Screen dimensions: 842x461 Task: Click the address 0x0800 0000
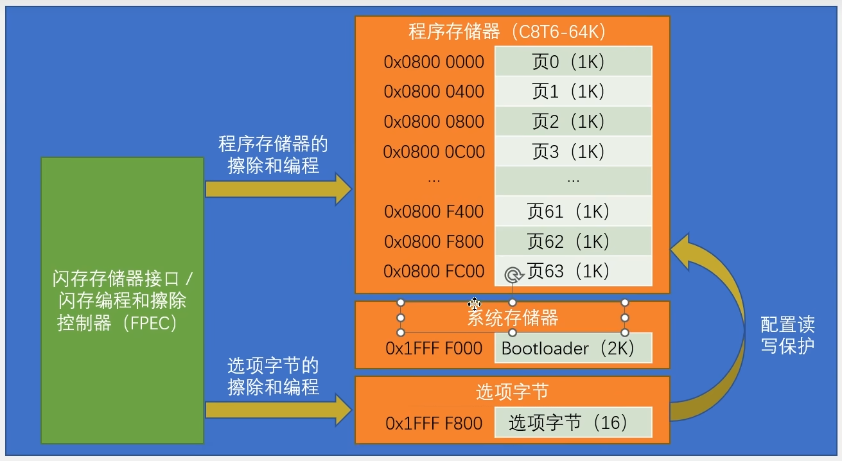point(434,62)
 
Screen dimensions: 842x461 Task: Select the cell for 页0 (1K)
point(573,62)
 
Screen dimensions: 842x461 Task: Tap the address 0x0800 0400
point(434,92)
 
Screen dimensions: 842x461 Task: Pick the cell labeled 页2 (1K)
point(573,121)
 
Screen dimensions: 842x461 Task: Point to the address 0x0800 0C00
point(434,152)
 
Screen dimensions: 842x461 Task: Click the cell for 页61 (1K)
point(573,211)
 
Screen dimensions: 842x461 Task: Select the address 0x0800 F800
point(434,241)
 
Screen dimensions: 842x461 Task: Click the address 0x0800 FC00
point(434,271)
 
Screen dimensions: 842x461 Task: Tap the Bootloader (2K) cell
point(573,349)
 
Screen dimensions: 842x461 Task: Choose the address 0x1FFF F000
point(434,349)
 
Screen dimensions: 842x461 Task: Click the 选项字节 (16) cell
point(573,422)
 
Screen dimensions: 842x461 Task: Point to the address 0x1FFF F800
point(434,423)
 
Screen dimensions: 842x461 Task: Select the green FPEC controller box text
point(122,300)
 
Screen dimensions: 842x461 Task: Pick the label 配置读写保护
point(787,335)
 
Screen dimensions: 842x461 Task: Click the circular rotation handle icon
point(512,275)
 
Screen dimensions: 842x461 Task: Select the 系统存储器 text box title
point(513,318)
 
